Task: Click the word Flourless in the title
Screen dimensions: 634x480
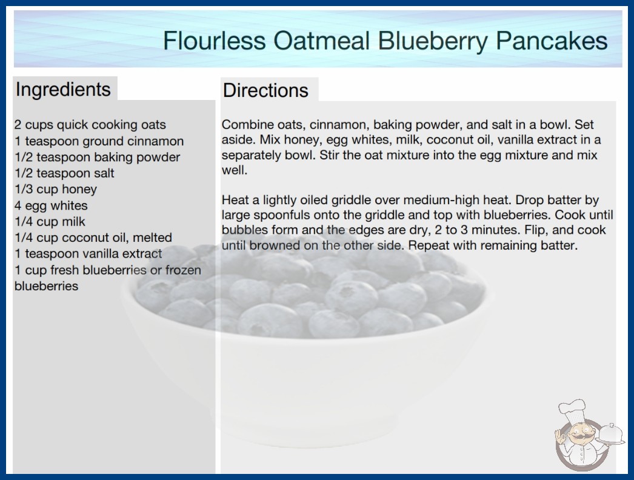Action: tap(215, 41)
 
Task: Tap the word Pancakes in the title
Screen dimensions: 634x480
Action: tap(552, 41)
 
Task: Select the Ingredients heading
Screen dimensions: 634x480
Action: tap(63, 90)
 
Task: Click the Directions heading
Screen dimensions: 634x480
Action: tap(265, 90)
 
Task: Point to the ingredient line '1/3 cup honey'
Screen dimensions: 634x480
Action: tap(56, 189)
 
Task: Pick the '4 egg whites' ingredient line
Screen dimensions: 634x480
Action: tap(51, 205)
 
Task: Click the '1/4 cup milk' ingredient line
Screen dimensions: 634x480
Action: tap(50, 222)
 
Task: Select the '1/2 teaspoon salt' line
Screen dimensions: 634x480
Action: tap(64, 173)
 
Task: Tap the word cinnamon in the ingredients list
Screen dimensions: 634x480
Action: tap(156, 141)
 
